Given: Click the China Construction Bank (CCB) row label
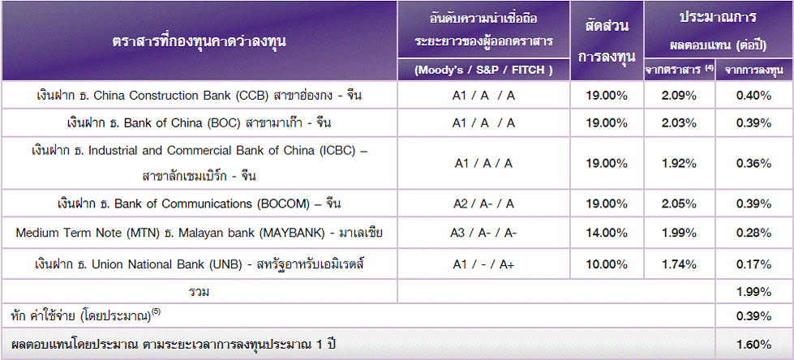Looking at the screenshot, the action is pos(199,95).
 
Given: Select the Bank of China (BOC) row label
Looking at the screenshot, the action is pos(199,123).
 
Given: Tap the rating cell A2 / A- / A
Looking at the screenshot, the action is pos(483,204).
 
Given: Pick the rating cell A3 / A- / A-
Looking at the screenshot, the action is pos(483,233).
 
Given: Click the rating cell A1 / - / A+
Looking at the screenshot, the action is pos(483,264).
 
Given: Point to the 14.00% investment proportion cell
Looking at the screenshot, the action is pos(607,233).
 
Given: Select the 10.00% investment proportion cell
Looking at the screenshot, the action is pos(607,264).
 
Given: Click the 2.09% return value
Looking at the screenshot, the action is pos(679,95).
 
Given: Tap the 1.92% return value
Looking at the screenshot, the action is pos(679,163).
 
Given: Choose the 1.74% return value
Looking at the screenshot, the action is pos(679,264).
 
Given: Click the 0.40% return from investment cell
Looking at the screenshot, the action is pos(754,95).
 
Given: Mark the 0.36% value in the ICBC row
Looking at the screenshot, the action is pos(754,163).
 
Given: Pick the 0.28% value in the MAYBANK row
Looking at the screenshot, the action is pos(754,233).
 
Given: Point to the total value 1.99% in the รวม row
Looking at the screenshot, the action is pos(754,292).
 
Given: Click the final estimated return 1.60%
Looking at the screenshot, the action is pos(754,345).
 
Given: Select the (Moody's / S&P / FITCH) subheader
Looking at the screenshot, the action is pos(483,71).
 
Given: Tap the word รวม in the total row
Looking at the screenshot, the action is pos(199,292).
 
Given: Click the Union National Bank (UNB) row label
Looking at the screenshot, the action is pos(199,264).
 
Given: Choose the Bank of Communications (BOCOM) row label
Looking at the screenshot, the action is pos(199,204).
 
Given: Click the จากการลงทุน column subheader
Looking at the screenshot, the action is pos(754,71).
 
